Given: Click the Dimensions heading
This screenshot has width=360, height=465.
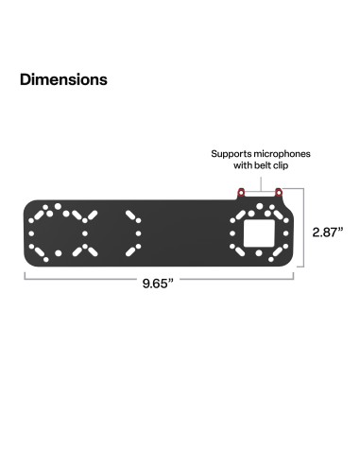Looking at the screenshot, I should tap(63, 79).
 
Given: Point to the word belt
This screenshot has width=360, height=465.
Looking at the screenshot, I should tap(267, 165).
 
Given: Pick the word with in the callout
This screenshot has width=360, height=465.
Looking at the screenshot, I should tap(244, 165).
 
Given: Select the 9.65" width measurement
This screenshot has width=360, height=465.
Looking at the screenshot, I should tap(158, 284).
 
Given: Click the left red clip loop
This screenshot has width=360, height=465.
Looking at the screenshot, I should tap(241, 193).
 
